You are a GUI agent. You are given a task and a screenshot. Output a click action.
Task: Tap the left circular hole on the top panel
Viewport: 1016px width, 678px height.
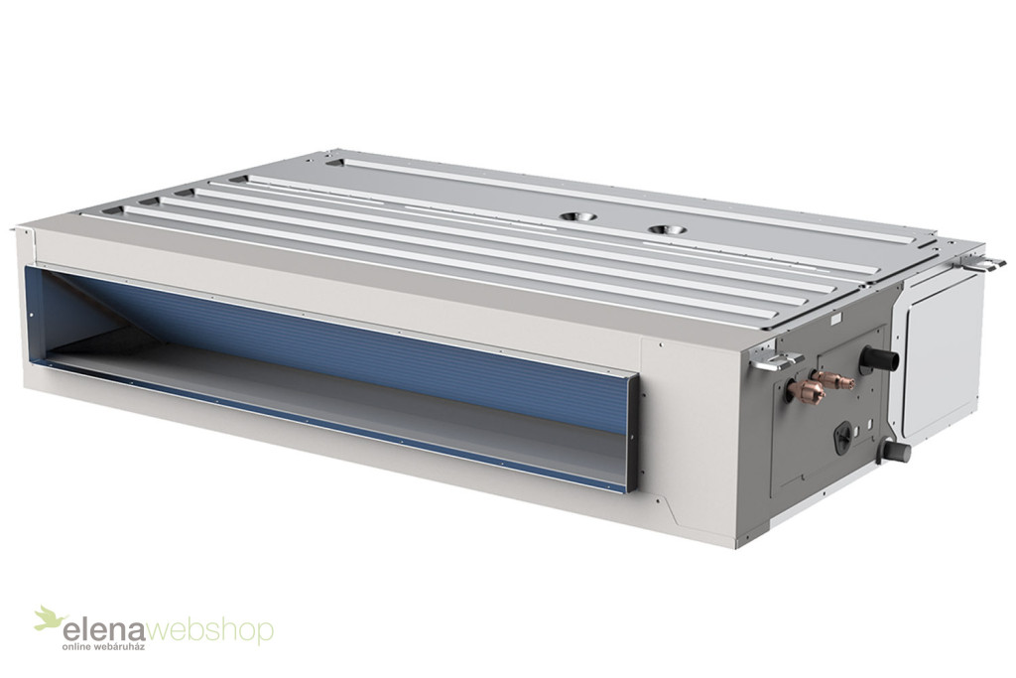pos(576,216)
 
